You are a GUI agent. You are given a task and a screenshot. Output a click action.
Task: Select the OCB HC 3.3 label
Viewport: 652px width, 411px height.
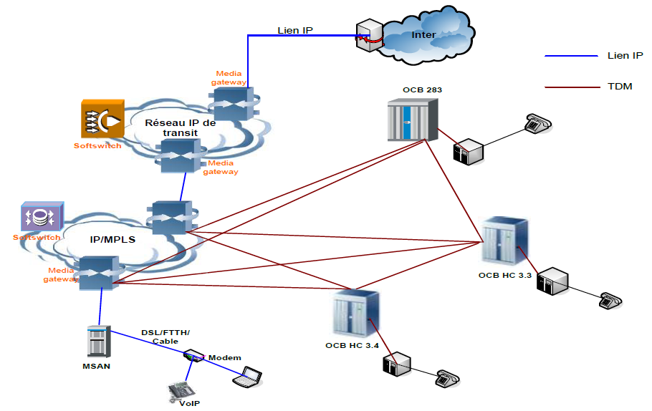504,275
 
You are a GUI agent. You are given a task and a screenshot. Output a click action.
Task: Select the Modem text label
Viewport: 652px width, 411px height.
224,357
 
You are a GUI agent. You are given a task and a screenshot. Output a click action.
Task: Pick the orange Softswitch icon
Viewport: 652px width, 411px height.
102,120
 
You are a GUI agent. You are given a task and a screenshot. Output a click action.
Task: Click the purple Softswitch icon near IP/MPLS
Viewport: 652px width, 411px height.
42,217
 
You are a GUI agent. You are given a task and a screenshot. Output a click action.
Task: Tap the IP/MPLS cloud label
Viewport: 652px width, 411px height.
112,240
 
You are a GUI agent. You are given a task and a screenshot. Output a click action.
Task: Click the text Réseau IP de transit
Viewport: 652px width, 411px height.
180,127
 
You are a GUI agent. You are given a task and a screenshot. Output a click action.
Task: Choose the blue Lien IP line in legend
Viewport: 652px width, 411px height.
570,56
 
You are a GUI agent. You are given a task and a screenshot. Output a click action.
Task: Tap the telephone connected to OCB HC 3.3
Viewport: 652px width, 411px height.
610,300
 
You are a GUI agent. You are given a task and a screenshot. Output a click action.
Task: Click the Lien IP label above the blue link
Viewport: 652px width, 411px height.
295,30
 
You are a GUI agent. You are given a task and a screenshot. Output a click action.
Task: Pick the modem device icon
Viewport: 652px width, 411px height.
193,355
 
